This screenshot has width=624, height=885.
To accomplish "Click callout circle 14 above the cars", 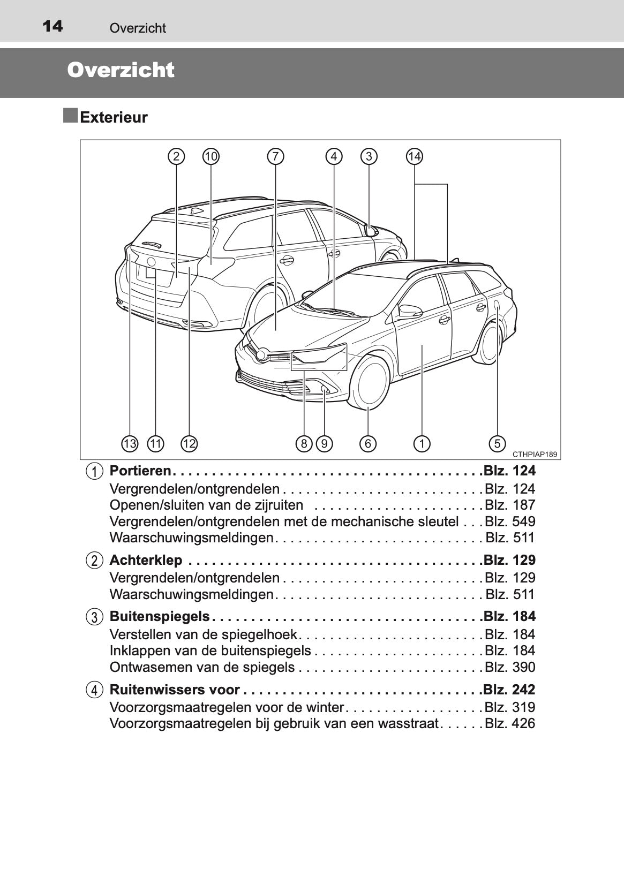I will [414, 156].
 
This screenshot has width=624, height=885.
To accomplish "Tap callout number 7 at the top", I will [275, 156].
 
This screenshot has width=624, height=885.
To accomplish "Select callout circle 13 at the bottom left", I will [130, 443].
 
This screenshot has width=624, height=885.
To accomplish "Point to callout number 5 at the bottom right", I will [497, 443].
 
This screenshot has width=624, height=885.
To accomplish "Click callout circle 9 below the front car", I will [324, 443].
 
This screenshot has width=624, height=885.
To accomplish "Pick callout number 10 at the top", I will [210, 156].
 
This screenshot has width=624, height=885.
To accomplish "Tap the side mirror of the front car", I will [409, 311].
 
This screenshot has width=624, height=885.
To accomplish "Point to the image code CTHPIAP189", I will [534, 454].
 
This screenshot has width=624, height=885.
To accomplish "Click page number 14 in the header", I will [52, 26].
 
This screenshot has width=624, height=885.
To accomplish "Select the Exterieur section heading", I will [114, 117].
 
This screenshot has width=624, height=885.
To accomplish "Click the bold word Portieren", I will [140, 471].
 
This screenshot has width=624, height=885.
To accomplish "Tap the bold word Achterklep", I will [146, 560].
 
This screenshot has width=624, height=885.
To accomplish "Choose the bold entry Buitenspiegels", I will [159, 616].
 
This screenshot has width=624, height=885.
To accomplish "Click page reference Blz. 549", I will [509, 521].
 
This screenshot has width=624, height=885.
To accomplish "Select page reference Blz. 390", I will [509, 667].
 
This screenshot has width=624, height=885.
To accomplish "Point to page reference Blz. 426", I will [509, 723].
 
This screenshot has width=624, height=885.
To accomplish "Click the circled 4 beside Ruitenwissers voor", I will [94, 690].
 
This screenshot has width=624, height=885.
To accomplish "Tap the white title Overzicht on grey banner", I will [121, 70].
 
